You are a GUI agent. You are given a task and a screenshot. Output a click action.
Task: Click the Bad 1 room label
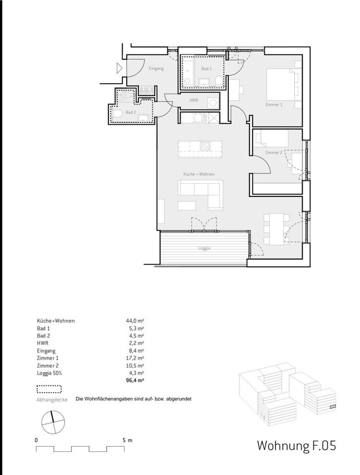coord(206,69)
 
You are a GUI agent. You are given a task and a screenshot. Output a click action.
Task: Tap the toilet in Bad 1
coord(218,81)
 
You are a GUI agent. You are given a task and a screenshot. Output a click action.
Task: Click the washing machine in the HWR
coord(213,102)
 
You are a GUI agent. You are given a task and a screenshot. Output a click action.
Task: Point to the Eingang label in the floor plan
coord(156,69)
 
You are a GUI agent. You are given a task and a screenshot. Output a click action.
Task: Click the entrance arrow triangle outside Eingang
coord(119,68)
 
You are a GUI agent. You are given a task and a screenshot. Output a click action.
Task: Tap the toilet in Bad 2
coord(118,114)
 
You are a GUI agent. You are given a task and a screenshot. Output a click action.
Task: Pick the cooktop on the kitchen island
coord(206,146)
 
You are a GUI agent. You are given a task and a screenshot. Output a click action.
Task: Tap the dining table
coord(276,229)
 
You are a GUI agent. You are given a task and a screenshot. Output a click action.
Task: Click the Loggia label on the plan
coord(205,248)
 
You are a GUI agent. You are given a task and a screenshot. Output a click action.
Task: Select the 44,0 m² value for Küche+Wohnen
coord(135,321)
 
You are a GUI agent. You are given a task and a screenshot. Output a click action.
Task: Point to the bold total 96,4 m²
coord(135,381)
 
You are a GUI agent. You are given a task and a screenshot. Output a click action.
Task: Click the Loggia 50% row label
coord(50,373)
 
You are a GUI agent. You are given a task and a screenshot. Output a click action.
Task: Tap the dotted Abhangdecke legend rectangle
coord(49,389)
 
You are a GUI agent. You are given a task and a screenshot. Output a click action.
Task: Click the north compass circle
coord(53,422)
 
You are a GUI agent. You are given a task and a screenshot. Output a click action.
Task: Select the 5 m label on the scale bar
coord(127,440)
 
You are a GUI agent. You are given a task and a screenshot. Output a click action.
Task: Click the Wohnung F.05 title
coord(297,446)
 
